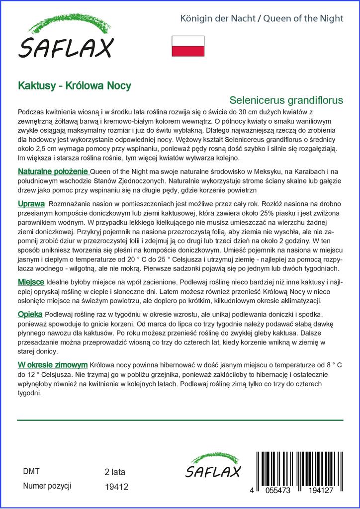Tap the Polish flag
pyautogui.click(x=188, y=46)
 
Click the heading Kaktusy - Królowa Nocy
pyautogui.click(x=75, y=85)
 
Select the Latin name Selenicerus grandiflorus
pyautogui.click(x=286, y=99)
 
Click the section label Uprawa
pyautogui.click(x=31, y=204)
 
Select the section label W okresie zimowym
pyautogui.click(x=53, y=364)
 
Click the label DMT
pyautogui.click(x=31, y=471)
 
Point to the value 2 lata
pyautogui.click(x=115, y=472)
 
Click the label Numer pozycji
pyautogui.click(x=48, y=486)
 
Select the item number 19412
pyautogui.click(x=117, y=487)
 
